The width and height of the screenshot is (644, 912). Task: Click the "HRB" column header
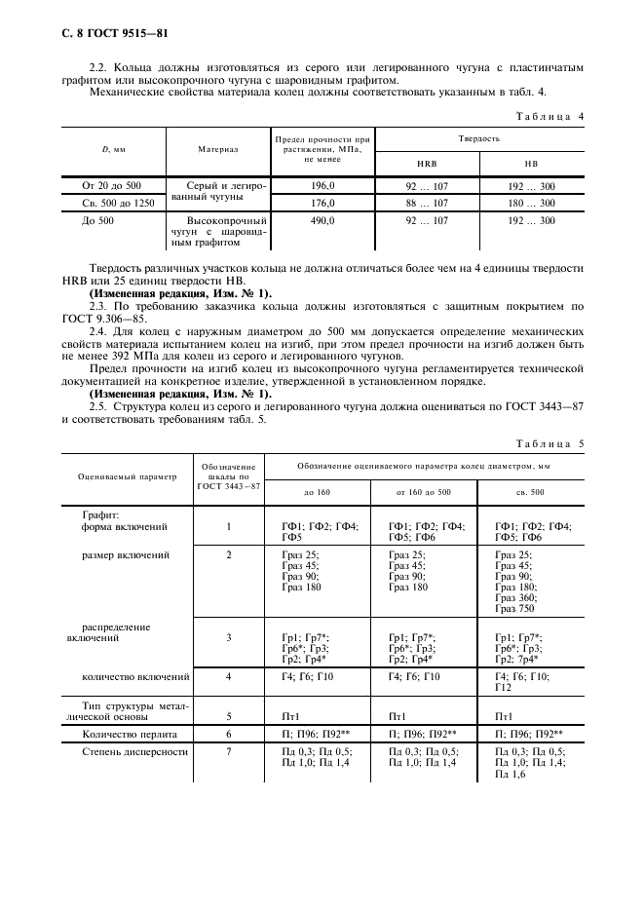427,164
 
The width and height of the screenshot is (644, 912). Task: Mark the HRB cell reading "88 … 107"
427,204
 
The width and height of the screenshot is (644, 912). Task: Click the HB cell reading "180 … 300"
533,204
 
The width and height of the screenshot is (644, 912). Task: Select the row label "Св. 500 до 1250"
108,204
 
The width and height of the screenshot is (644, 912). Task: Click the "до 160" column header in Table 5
317,492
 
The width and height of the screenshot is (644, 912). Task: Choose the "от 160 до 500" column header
423,492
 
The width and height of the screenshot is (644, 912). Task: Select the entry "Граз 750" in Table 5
517,608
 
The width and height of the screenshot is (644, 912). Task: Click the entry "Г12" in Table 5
504,687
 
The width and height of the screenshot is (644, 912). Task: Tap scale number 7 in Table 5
229,751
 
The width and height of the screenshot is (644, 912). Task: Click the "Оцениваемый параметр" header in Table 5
128,476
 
